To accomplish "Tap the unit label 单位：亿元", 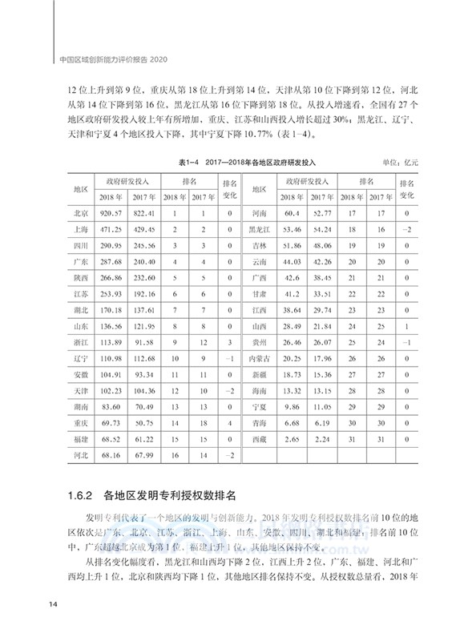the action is [401, 161].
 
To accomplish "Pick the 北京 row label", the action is [80, 213].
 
